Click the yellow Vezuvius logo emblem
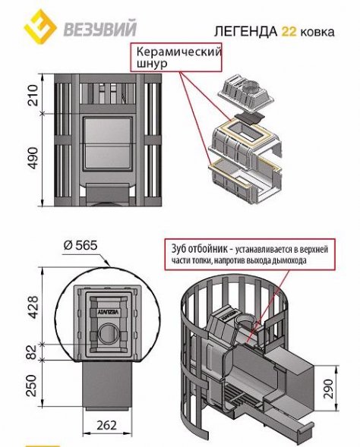point(40,27)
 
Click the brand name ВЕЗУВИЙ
point(99,28)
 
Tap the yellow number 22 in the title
point(289,31)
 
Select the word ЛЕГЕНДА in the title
point(245,32)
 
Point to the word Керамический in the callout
point(178,52)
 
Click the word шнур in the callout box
point(151,64)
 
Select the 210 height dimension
point(33,95)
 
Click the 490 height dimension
point(33,158)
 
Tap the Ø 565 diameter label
point(81,245)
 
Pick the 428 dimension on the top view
point(33,307)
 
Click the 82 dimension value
point(33,352)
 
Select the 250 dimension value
point(32,386)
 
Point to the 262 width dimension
point(106,425)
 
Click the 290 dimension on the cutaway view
point(328,389)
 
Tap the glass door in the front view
point(108,143)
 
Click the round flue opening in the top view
point(109,333)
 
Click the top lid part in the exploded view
point(245,91)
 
